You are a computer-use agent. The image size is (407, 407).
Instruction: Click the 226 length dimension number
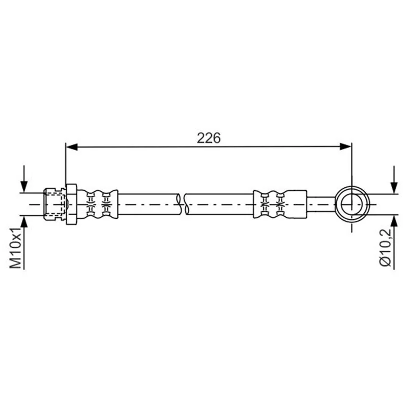pyautogui.click(x=209, y=138)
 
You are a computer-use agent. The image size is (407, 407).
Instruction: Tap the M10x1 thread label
pyautogui.click(x=16, y=248)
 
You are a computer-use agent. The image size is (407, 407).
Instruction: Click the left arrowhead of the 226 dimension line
pyautogui.click(x=72, y=147)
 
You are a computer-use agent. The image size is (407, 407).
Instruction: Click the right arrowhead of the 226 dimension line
pyautogui.click(x=345, y=147)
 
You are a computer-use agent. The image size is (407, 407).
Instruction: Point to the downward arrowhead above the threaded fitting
pyautogui.click(x=24, y=187)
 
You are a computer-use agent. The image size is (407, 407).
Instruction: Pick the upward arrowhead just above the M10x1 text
pyautogui.click(x=24, y=222)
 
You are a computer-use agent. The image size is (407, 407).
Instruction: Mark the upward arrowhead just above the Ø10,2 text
pyautogui.click(x=394, y=221)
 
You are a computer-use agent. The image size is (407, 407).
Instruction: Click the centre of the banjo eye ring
pyautogui.click(x=352, y=205)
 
